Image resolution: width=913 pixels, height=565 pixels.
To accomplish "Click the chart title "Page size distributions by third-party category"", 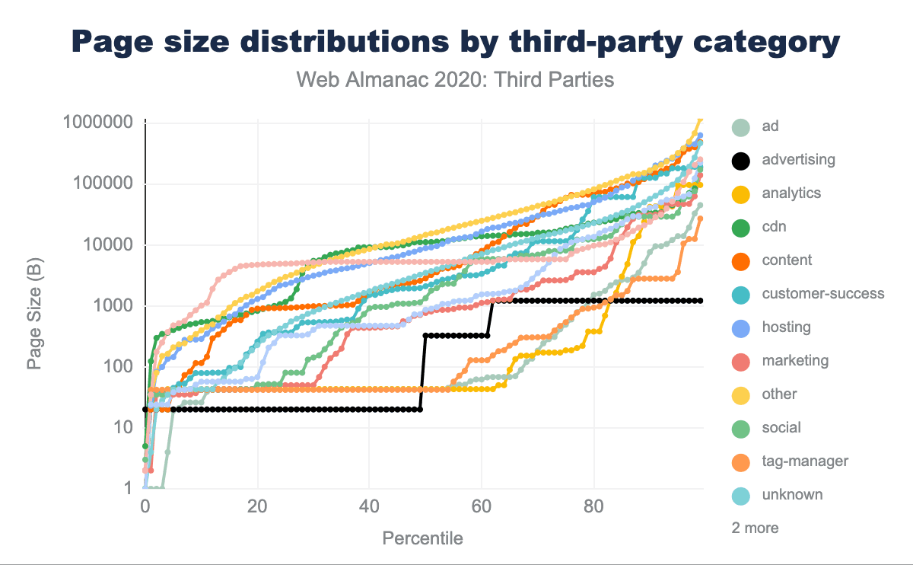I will click(456, 41).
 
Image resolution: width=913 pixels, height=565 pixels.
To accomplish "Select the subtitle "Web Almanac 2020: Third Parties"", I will click(455, 79).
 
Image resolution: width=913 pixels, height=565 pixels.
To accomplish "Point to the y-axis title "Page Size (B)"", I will click(34, 305).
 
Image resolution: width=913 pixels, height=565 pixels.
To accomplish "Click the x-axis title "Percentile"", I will click(422, 538).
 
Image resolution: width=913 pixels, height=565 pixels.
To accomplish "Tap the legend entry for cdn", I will click(774, 227).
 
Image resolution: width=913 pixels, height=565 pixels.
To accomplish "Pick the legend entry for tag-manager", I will click(805, 461).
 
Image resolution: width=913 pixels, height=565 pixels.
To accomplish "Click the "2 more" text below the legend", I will click(755, 528).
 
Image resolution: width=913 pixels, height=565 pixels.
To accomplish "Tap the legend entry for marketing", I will click(795, 361).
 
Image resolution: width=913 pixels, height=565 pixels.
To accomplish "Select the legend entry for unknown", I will click(792, 495).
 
